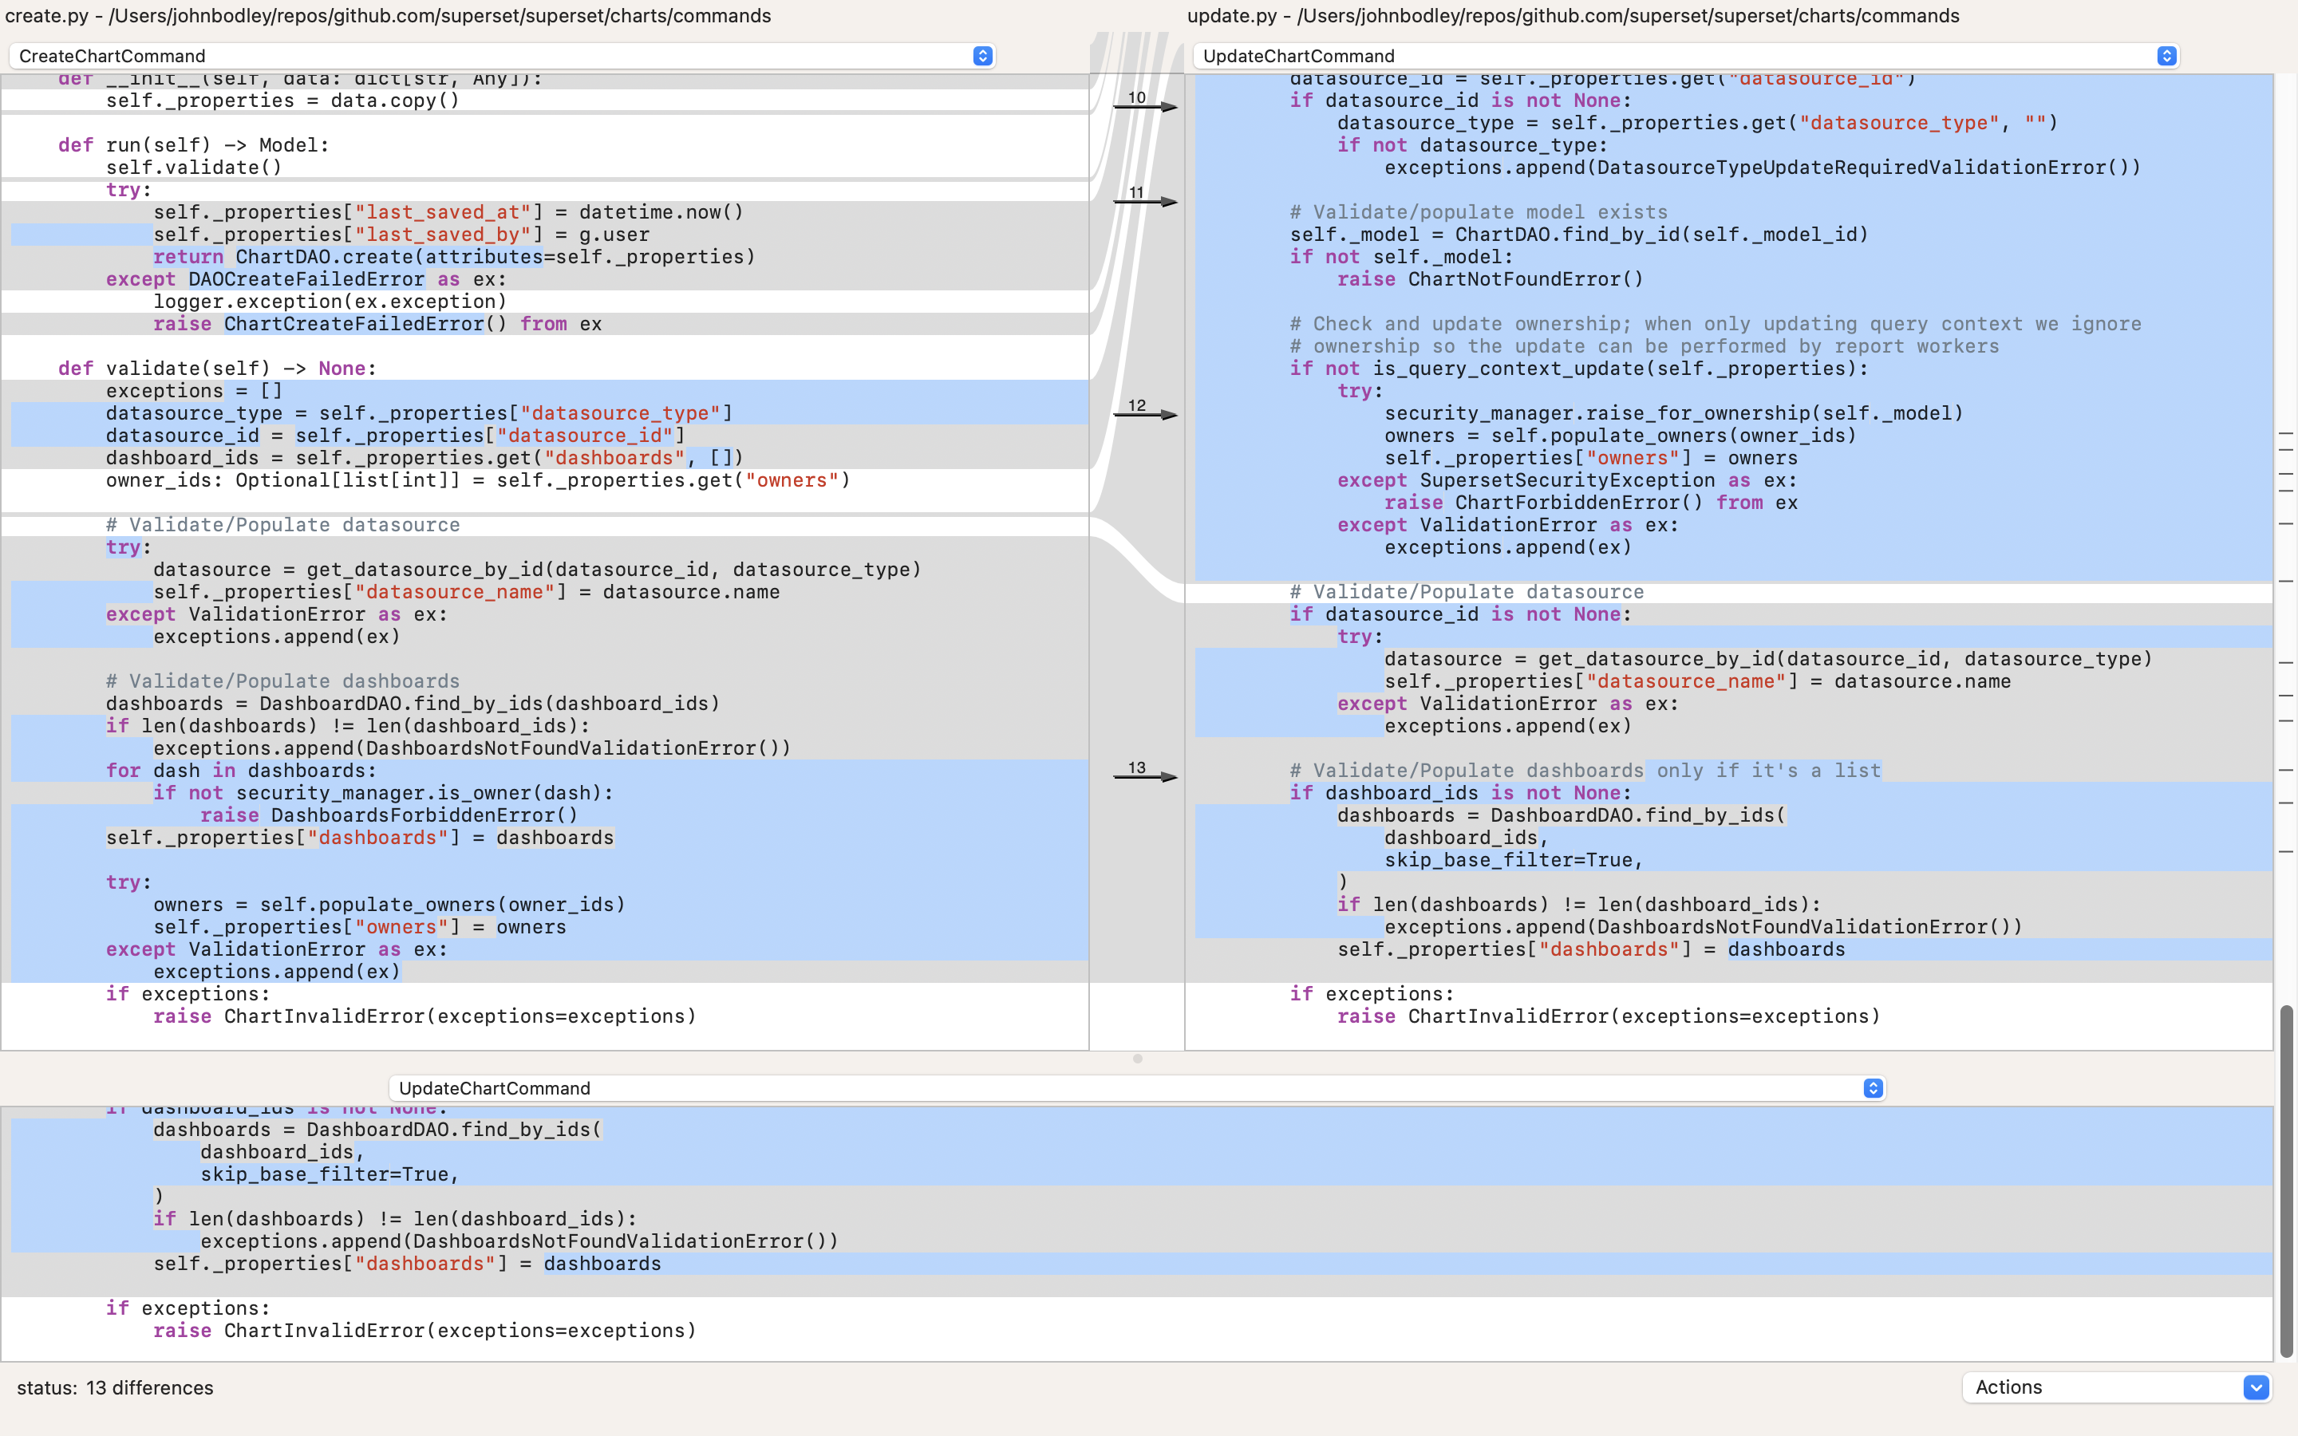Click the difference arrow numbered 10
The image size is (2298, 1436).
(1145, 106)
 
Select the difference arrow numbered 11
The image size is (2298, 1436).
(1145, 201)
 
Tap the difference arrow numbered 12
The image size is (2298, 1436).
(1145, 414)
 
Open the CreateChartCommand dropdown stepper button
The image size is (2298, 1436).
(983, 56)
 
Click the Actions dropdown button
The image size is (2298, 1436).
(2257, 1387)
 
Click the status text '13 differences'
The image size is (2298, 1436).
(149, 1387)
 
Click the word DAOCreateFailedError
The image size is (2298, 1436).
(306, 279)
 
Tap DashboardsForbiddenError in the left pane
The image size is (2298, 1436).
(424, 815)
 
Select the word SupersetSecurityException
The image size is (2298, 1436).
(1567, 480)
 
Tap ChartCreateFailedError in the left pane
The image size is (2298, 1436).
(354, 324)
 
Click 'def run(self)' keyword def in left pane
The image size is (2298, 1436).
(75, 145)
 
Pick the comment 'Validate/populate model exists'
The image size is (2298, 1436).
(1478, 211)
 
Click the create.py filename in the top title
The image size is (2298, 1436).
(46, 15)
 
